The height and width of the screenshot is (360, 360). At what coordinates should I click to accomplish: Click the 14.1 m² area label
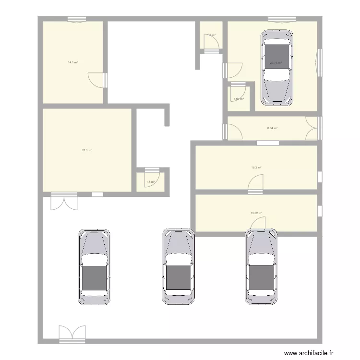coord(73,62)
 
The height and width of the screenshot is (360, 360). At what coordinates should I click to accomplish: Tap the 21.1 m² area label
coord(87,150)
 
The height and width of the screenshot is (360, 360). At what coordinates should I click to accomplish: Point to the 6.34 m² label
coord(272,128)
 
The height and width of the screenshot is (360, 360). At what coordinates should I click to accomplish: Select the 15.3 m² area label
coord(256,168)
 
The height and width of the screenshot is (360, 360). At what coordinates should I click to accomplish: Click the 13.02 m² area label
coord(256,213)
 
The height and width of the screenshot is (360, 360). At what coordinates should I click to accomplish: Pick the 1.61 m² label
coord(239,99)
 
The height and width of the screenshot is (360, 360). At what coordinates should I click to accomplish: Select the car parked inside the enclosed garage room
coord(276,68)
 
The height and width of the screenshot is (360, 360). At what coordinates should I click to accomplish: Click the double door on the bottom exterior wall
coord(72,334)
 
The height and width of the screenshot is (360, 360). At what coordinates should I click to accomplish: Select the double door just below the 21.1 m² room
coord(64,201)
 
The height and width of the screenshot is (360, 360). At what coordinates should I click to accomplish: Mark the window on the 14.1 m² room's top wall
coord(76,20)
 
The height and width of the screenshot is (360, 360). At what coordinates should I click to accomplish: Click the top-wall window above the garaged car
coord(282,20)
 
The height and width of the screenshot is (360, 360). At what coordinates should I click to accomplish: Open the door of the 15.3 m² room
coord(256,184)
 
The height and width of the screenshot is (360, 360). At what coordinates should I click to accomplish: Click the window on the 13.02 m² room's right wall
coord(319,211)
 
